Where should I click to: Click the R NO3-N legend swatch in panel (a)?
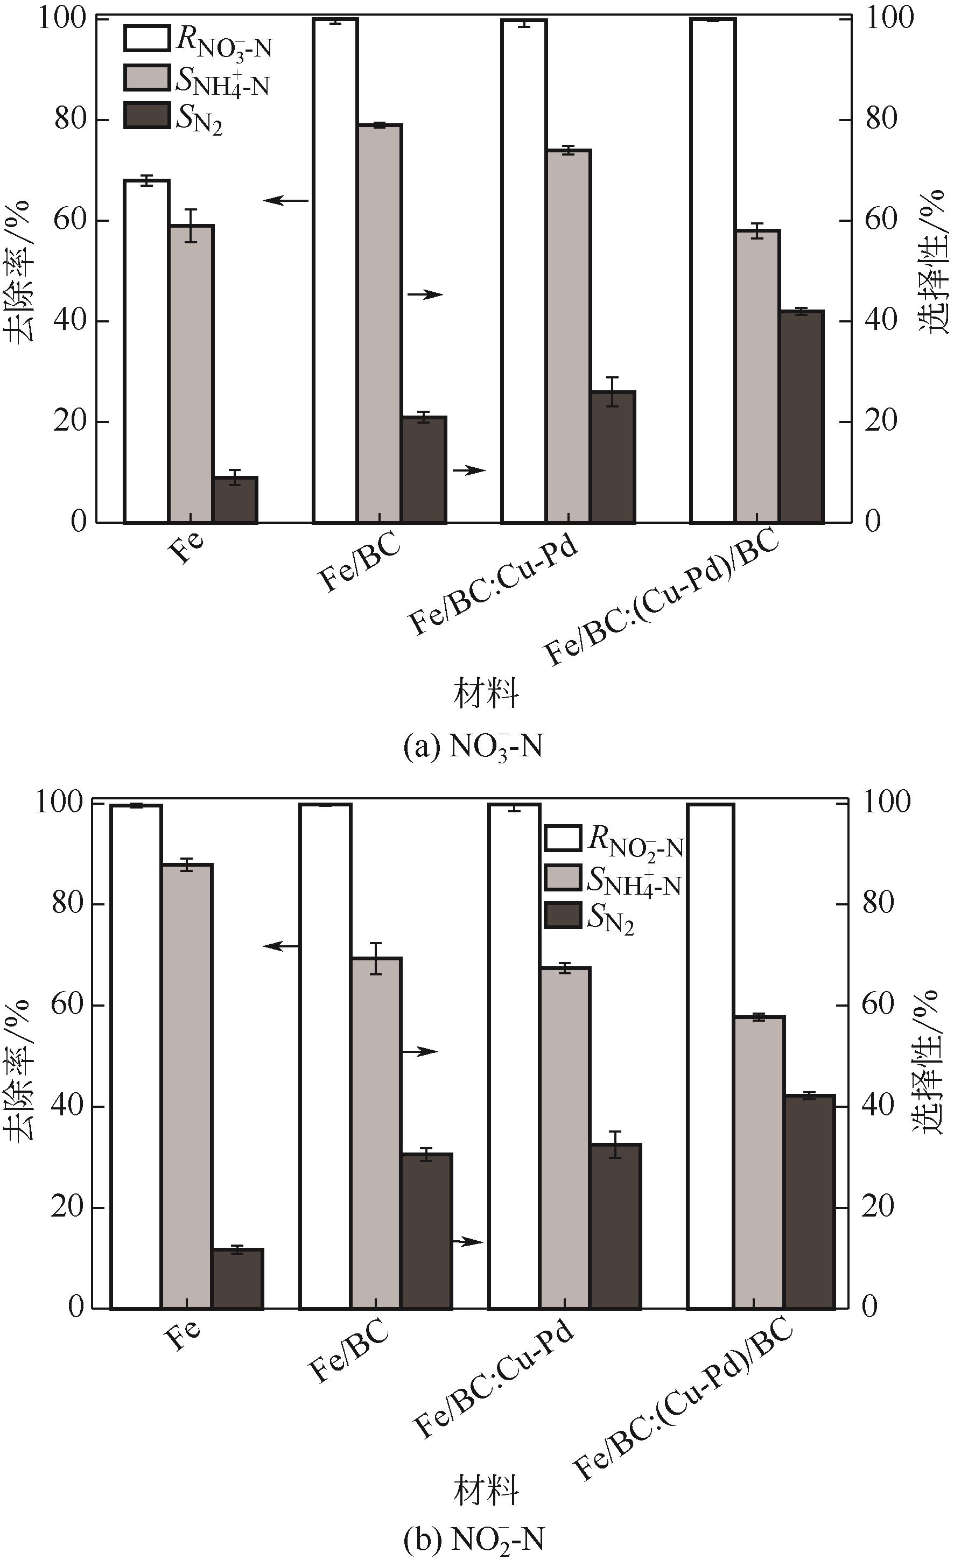pyautogui.click(x=147, y=39)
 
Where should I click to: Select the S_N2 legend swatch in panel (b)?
pyautogui.click(x=563, y=916)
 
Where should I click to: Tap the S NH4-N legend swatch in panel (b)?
pyautogui.click(x=563, y=877)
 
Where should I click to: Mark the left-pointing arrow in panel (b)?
pyautogui.click(x=281, y=946)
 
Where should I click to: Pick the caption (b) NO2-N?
pyautogui.click(x=474, y=1541)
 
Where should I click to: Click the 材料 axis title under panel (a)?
pyautogui.click(x=486, y=693)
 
